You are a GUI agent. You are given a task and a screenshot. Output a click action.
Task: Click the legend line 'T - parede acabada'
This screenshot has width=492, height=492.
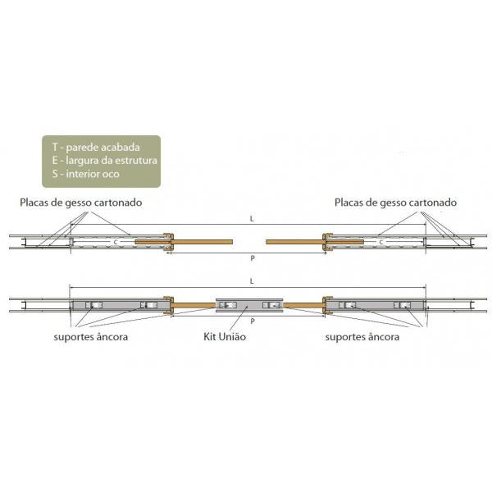pyautogui.click(x=96, y=147)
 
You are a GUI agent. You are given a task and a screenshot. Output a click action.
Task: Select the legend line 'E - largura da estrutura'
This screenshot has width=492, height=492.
pyautogui.click(x=104, y=161)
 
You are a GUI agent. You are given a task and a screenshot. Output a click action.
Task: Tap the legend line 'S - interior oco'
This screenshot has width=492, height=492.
pyautogui.click(x=85, y=174)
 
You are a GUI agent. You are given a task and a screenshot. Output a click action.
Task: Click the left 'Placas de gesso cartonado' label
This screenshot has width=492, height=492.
pyautogui.click(x=81, y=203)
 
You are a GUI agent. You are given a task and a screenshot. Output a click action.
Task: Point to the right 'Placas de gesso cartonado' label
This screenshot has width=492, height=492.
pyautogui.click(x=395, y=203)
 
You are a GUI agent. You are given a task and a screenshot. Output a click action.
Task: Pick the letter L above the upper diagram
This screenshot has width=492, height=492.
pyautogui.click(x=252, y=219)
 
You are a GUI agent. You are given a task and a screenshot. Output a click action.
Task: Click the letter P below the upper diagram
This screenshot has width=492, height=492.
pyautogui.click(x=253, y=258)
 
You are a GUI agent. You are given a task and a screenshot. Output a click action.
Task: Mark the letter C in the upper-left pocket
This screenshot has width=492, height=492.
pyautogui.click(x=116, y=242)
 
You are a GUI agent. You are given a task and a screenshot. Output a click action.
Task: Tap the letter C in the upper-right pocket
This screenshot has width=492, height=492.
pyautogui.click(x=381, y=242)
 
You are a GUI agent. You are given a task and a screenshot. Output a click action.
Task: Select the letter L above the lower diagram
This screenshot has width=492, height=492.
pyautogui.click(x=252, y=281)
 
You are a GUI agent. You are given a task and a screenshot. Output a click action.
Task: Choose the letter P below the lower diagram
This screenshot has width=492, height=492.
pyautogui.click(x=253, y=321)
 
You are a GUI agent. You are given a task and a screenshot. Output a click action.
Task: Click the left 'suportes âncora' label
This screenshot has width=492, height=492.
pyautogui.click(x=91, y=337)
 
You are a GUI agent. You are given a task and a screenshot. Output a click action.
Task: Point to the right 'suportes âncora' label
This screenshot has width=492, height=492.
pyautogui.click(x=362, y=337)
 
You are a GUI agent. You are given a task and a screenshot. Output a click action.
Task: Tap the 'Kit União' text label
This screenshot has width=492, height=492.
pyautogui.click(x=225, y=337)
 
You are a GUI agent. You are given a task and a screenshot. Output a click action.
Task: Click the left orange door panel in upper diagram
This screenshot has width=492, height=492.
pyautogui.click(x=184, y=242)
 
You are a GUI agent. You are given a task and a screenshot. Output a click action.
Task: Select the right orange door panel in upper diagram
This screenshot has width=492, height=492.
pyautogui.click(x=315, y=242)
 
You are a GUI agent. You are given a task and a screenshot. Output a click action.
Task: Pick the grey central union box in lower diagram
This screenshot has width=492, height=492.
pyautogui.click(x=249, y=305)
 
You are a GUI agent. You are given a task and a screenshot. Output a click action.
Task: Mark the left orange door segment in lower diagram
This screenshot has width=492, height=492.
pyautogui.click(x=194, y=305)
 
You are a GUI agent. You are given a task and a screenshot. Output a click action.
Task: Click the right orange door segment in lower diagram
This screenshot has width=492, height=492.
pyautogui.click(x=303, y=305)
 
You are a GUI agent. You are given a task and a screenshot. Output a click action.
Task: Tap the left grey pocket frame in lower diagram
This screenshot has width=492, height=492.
pyautogui.click(x=119, y=305)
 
